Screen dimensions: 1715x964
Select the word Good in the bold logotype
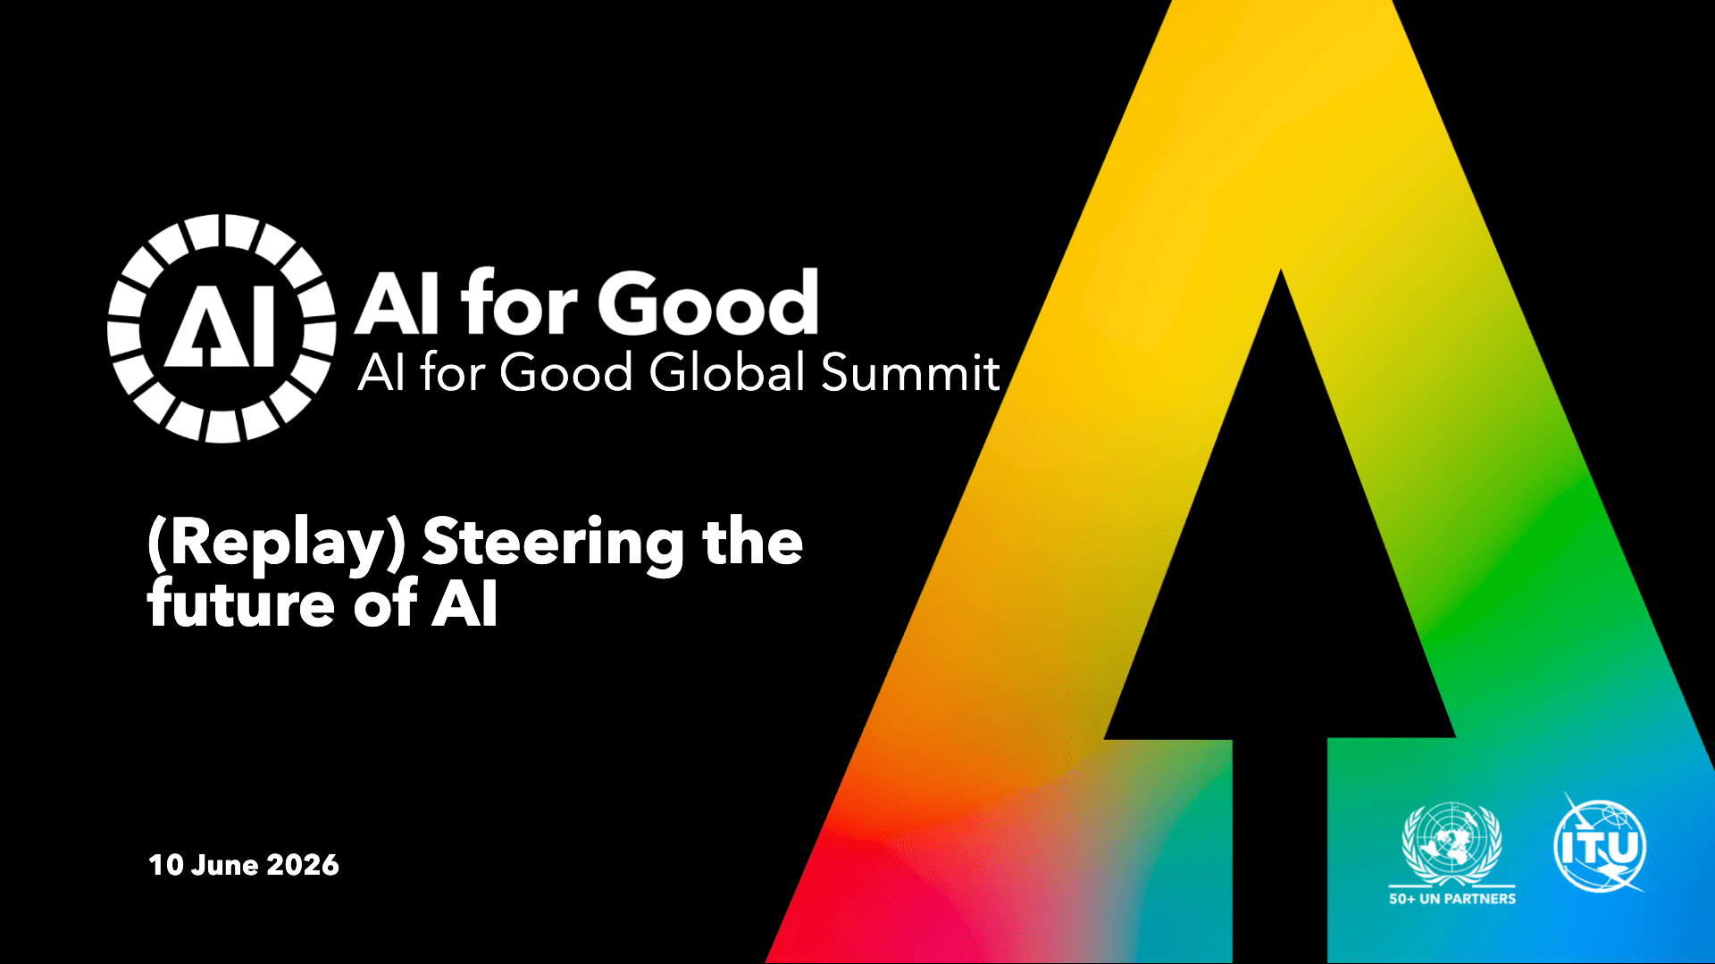(708, 303)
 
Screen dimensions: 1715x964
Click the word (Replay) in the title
(277, 544)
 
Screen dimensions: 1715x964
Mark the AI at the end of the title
(464, 604)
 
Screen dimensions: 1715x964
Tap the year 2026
(303, 865)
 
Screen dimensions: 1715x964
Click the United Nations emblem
(1452, 843)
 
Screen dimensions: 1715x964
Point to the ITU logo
(1600, 843)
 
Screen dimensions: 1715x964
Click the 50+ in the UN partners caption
(1401, 899)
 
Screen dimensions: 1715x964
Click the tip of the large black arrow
(1281, 270)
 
